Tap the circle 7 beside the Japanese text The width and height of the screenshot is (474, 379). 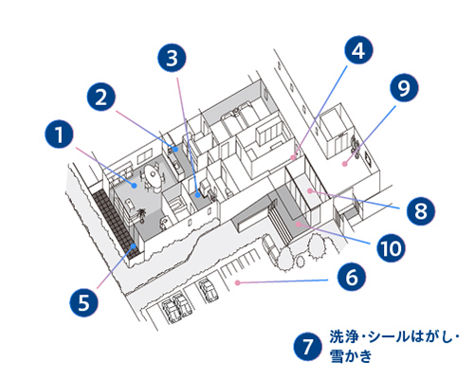[305, 345]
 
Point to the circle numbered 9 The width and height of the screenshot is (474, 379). [404, 89]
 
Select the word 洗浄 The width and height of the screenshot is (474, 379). [343, 336]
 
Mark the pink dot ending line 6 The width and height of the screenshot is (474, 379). [238, 282]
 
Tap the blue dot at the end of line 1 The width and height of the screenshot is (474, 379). [136, 187]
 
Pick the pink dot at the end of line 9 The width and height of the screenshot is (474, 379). [347, 163]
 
